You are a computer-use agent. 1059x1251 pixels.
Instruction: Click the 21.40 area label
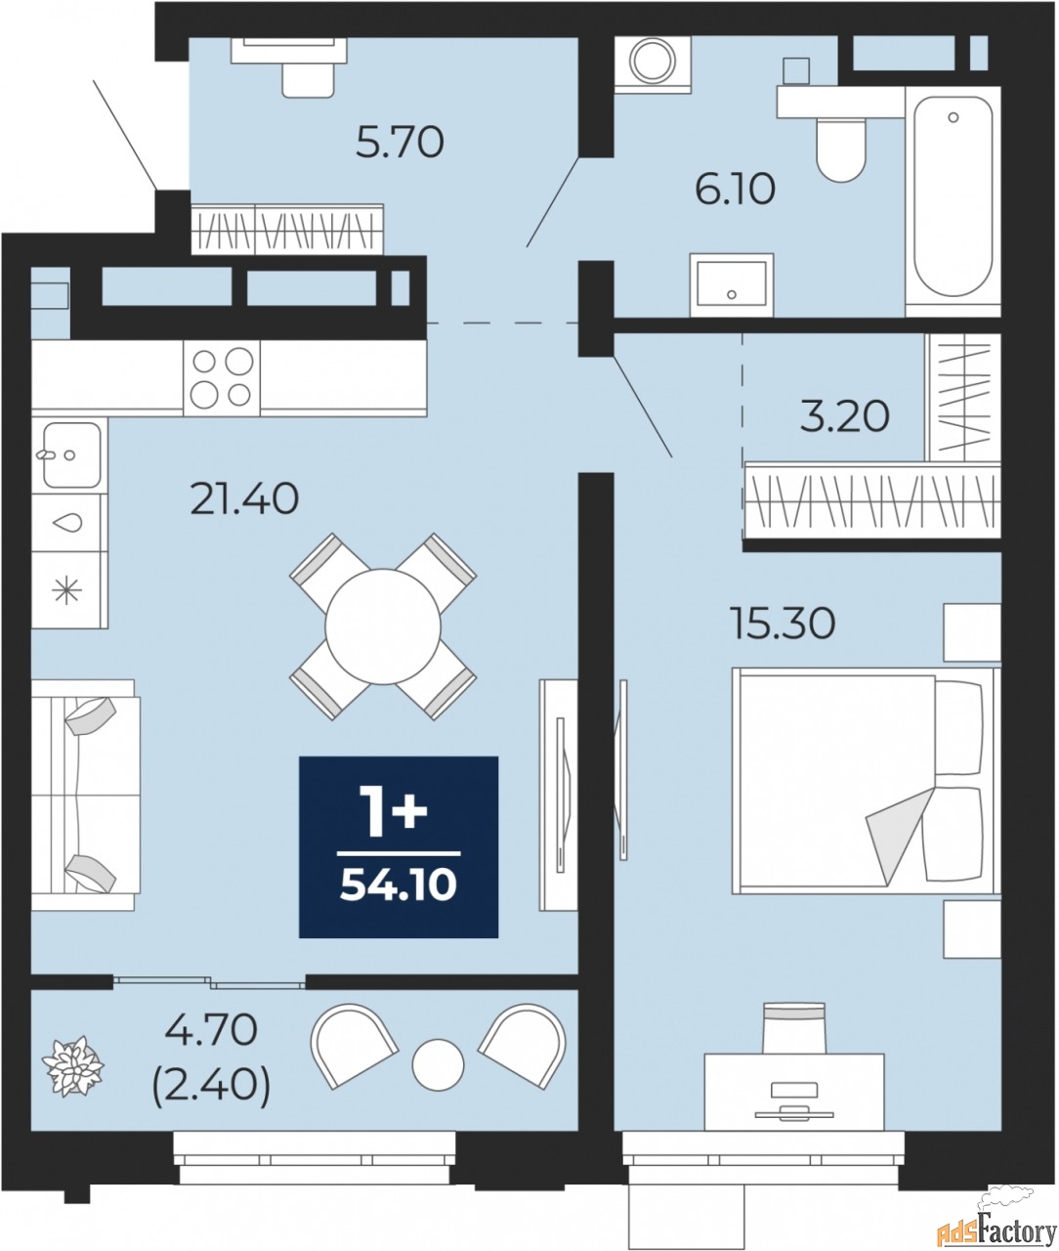244,499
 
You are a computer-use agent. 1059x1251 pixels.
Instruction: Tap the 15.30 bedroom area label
784,624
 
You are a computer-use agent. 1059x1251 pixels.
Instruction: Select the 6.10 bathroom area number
736,190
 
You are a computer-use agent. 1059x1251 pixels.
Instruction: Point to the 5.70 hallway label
400,143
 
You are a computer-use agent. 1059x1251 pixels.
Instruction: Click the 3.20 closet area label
845,417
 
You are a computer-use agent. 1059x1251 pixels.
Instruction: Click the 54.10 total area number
399,887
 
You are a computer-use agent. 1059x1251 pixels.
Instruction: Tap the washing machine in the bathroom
653,65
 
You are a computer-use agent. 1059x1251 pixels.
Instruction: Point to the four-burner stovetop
222,378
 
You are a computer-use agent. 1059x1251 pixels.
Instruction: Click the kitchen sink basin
71,454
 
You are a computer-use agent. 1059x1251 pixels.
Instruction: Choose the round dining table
382,627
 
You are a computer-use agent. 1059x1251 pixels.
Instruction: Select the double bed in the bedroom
866,781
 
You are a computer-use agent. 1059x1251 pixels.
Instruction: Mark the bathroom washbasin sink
732,285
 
